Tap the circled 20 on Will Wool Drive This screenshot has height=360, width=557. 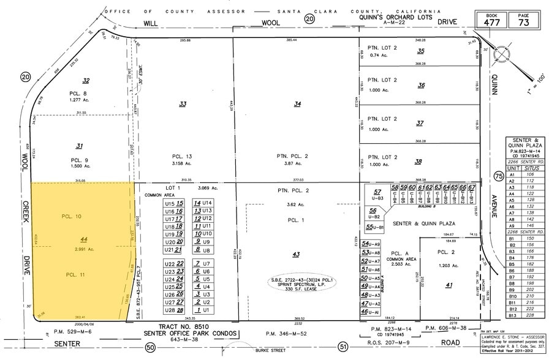(310, 20)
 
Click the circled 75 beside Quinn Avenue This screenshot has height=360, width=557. (498, 176)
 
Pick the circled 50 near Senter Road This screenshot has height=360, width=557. (150, 348)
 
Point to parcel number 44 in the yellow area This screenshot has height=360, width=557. (83, 239)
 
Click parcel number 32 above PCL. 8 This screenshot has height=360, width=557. (86, 80)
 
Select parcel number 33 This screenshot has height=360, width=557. (183, 104)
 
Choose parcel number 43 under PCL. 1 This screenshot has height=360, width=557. (296, 254)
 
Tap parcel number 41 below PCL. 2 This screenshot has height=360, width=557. (449, 284)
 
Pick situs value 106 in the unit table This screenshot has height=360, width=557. (531, 174)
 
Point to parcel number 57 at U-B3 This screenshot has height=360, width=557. (377, 192)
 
